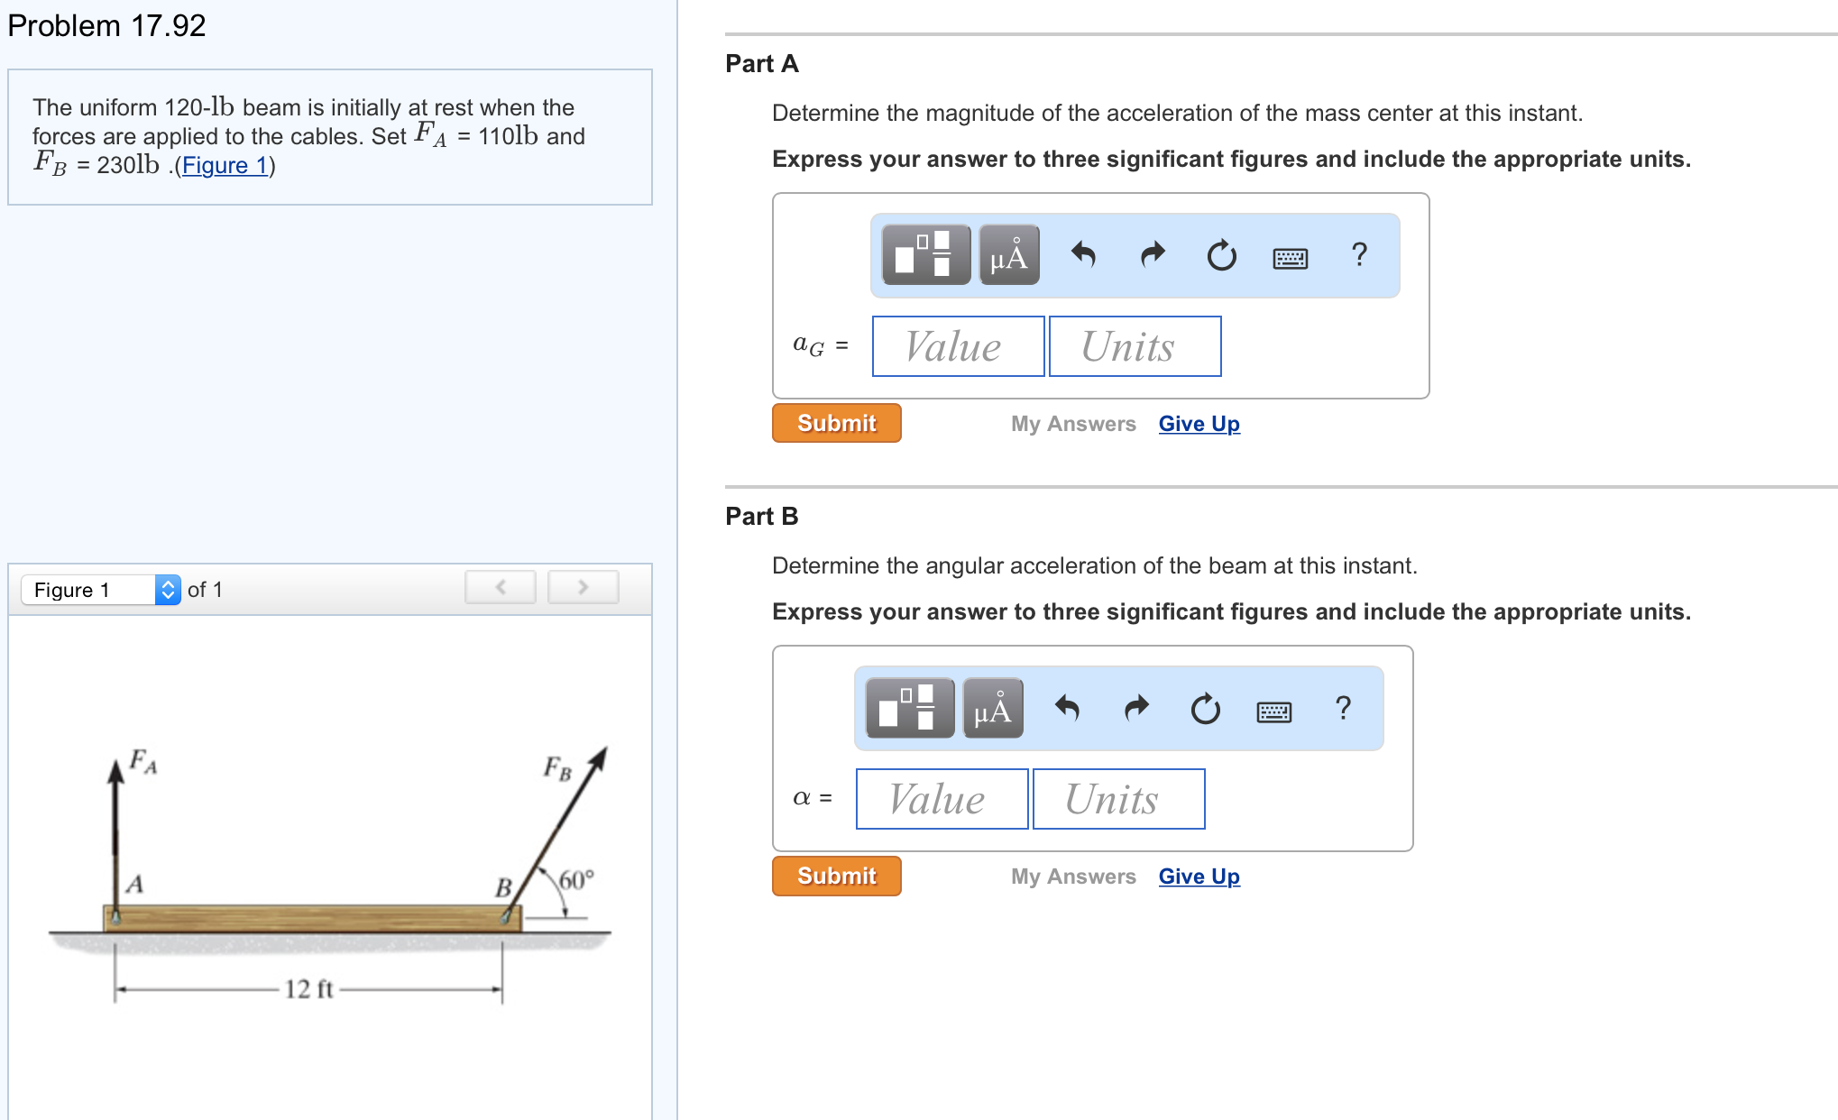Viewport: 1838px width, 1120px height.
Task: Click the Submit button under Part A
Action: (x=836, y=423)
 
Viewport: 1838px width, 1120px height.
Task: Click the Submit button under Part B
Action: (x=836, y=876)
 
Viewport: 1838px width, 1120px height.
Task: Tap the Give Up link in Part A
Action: (x=1199, y=424)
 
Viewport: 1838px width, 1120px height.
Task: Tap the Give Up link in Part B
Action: (x=1199, y=877)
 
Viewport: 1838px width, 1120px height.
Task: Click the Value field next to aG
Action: (x=958, y=346)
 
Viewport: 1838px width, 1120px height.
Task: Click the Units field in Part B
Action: (x=1118, y=799)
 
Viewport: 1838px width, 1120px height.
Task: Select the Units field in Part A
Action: (x=1135, y=346)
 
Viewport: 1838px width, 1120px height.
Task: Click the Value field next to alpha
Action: (x=942, y=799)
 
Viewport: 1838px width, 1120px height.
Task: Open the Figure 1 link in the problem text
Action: (x=225, y=166)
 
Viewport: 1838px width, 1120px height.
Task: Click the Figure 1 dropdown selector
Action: (x=100, y=590)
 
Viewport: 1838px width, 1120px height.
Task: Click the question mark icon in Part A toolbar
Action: (x=1359, y=255)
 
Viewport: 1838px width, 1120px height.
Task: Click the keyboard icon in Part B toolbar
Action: (x=1273, y=711)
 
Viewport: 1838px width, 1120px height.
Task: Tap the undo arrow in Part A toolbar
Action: (x=1083, y=255)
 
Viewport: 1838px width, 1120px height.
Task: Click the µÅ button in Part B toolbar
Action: (x=993, y=710)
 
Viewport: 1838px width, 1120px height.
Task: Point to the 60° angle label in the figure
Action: (x=575, y=879)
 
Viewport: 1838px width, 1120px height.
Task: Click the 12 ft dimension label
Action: (x=308, y=989)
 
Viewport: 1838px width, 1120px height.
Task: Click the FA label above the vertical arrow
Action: (x=142, y=761)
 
